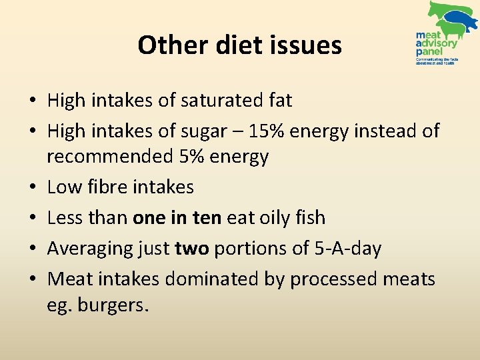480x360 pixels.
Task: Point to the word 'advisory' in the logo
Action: tap(437, 43)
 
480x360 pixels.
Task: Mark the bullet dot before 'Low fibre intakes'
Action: tap(32, 188)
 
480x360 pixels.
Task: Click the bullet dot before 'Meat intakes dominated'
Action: tap(32, 279)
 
